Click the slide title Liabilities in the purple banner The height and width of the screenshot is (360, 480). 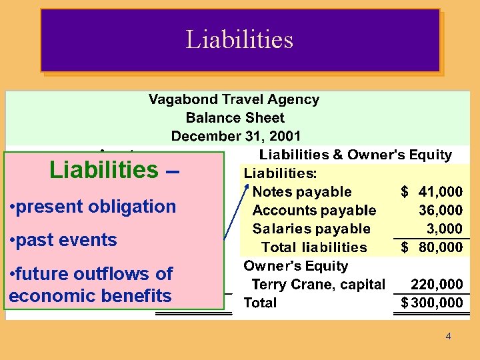tap(239, 39)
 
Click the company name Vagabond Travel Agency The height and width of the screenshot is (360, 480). tap(233, 99)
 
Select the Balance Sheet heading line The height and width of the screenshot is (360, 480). tap(235, 118)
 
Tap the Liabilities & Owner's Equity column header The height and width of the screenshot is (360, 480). tap(355, 155)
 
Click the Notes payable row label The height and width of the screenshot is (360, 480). tap(302, 192)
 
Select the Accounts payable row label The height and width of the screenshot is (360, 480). tap(314, 211)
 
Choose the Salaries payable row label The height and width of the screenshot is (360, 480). tap(311, 229)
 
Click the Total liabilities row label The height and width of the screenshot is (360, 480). tap(314, 247)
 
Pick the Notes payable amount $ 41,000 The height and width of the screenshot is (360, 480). tap(431, 192)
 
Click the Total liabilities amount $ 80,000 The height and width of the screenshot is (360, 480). tap(431, 247)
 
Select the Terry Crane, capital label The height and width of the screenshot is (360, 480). tap(318, 285)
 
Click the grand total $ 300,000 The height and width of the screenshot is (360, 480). tap(431, 303)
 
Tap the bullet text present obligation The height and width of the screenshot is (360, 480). tap(93, 207)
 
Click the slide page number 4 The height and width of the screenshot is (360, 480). tap(448, 336)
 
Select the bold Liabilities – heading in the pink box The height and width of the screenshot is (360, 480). tap(114, 170)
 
